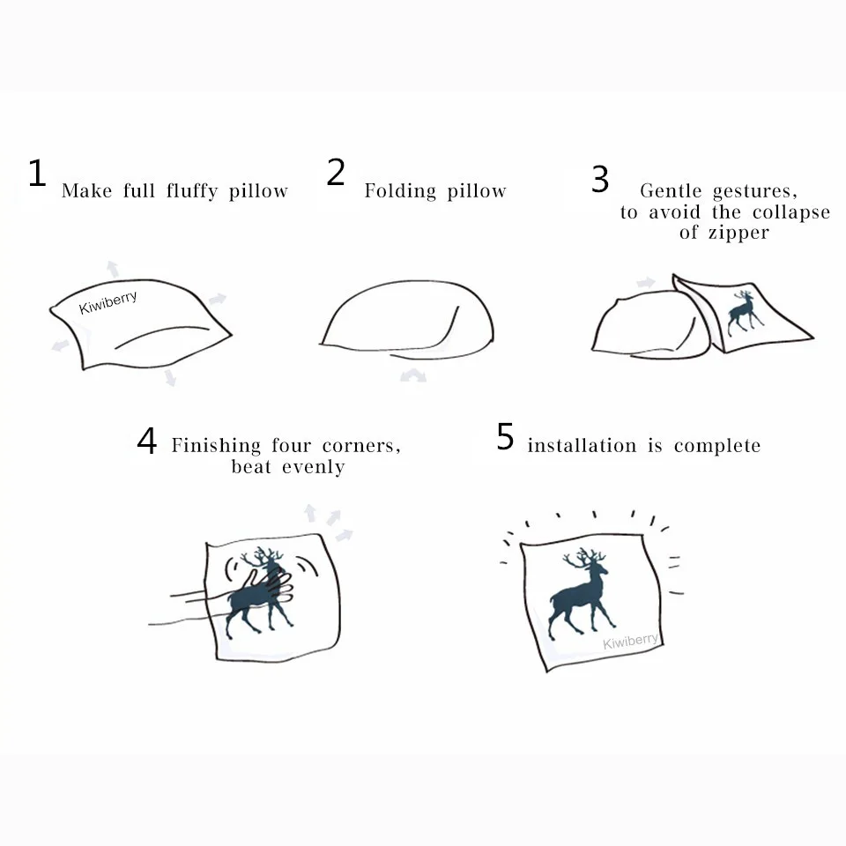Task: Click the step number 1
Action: pyautogui.click(x=36, y=174)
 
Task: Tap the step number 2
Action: pyautogui.click(x=336, y=172)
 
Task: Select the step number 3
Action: pyautogui.click(x=600, y=179)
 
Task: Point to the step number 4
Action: pyautogui.click(x=146, y=441)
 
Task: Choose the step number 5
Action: pyautogui.click(x=505, y=437)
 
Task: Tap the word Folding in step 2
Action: pyautogui.click(x=401, y=191)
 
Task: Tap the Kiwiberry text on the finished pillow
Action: pyautogui.click(x=631, y=641)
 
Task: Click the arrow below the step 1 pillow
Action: pyautogui.click(x=169, y=377)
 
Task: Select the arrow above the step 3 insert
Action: pyautogui.click(x=646, y=283)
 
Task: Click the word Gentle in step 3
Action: pyautogui.click(x=672, y=191)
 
